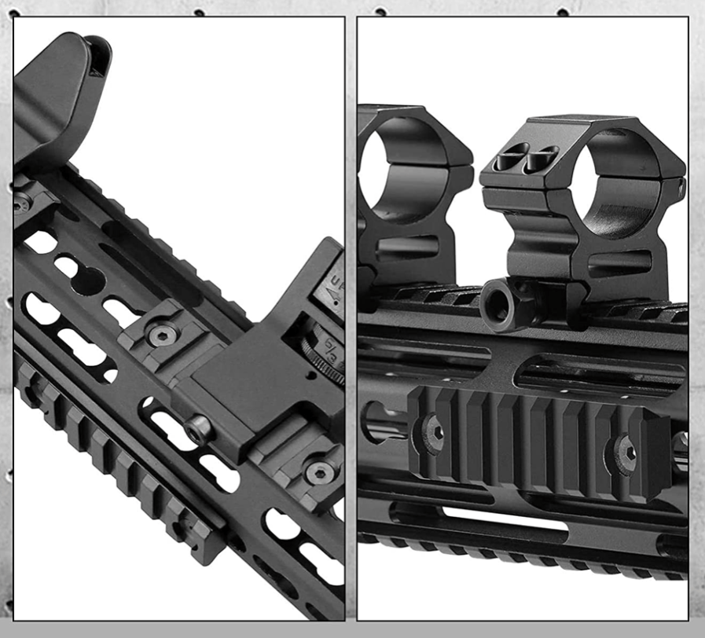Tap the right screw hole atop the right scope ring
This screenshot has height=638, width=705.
pos(542,160)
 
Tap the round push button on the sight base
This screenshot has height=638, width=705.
pos(200,428)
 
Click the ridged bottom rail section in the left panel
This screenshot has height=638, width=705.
pos(118,471)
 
